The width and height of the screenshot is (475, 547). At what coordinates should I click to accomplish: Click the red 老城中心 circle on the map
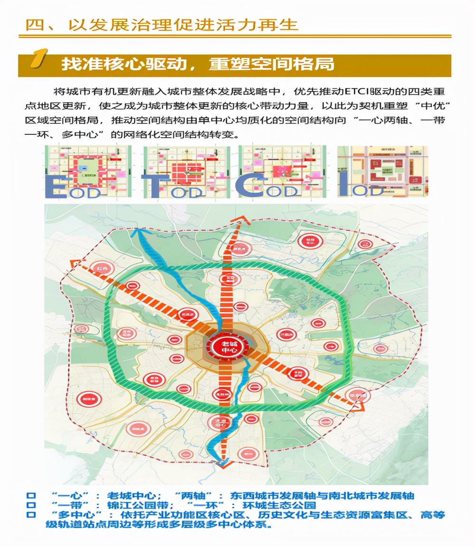(226, 346)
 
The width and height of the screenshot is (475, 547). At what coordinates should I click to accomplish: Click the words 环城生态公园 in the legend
(282, 505)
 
